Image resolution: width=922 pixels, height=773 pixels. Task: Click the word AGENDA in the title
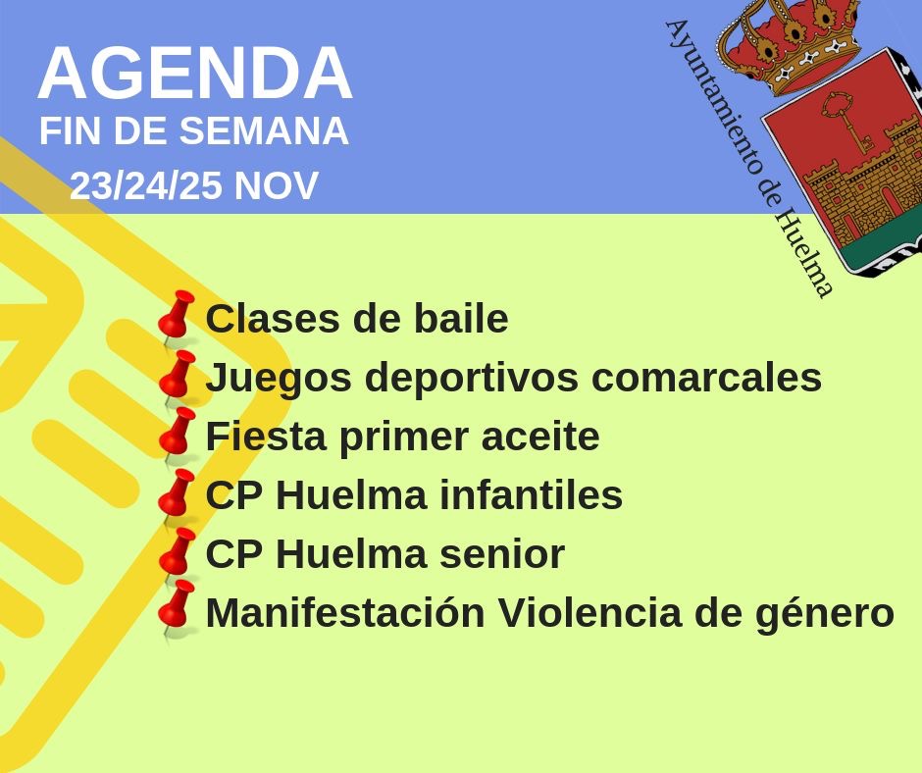tap(194, 73)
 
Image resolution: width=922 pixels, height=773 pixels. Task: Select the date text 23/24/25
tap(146, 185)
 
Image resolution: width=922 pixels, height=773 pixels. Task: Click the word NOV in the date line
tap(277, 185)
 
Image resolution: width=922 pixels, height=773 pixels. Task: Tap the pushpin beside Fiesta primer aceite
tap(176, 436)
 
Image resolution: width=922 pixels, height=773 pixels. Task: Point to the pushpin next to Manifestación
tap(176, 610)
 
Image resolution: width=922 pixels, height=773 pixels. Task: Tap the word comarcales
tap(706, 377)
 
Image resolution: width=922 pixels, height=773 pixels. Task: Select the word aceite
tap(540, 437)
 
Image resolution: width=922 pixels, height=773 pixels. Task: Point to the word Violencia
tap(590, 612)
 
